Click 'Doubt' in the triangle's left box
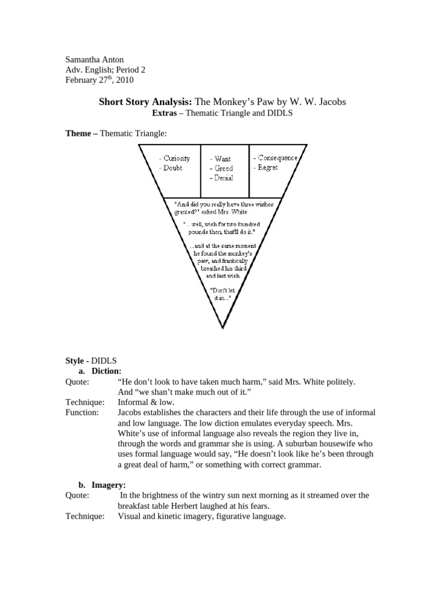(x=172, y=168)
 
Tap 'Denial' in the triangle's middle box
(x=224, y=178)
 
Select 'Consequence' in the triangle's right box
(x=278, y=158)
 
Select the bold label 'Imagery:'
(x=108, y=485)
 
